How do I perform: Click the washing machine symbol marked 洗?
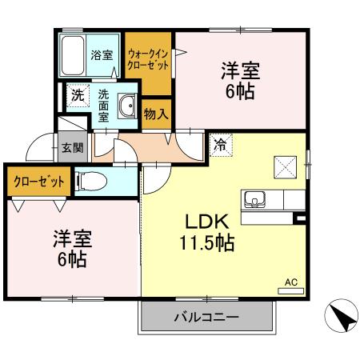point(78,94)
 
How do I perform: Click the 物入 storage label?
point(156,113)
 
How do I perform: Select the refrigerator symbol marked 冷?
point(220,146)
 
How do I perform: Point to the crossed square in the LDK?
point(286,166)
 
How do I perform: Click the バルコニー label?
point(206,317)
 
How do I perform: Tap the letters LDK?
point(209,222)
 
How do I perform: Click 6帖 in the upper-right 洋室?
point(240,92)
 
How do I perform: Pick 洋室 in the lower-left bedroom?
point(73,238)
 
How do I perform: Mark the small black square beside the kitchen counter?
point(300,218)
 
